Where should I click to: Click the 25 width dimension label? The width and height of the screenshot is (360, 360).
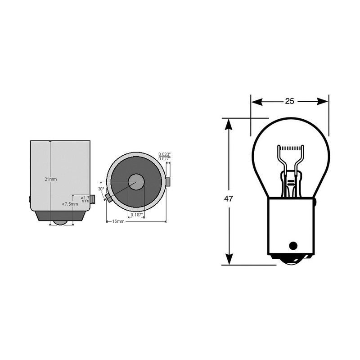[289, 101]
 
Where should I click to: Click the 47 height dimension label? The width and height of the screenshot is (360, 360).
[229, 198]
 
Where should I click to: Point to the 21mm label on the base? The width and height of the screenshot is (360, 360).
[51, 179]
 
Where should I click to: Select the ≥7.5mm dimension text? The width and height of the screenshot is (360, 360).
[70, 204]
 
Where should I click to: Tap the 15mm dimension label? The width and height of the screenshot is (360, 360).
[118, 221]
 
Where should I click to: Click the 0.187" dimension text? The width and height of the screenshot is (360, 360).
[136, 215]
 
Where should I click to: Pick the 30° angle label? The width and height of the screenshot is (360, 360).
[101, 189]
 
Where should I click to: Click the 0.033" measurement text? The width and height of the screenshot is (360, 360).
[165, 154]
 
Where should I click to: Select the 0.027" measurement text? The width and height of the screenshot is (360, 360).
[165, 158]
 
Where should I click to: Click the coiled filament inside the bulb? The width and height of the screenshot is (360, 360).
[290, 148]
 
